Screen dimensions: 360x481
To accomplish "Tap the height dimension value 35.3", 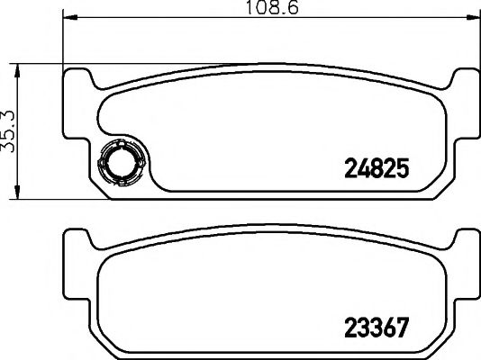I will pos(10,130).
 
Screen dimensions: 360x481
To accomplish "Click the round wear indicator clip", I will pos(117,164).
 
